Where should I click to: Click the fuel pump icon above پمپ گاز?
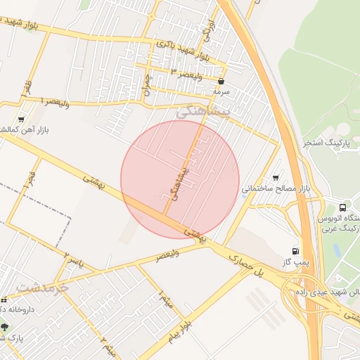(x=294, y=251)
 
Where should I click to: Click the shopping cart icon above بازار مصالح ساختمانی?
(x=275, y=179)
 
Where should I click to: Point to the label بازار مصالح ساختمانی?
(x=276, y=189)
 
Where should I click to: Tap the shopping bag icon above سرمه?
(x=221, y=82)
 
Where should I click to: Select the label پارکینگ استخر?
(x=326, y=143)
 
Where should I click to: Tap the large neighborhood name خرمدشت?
(x=42, y=288)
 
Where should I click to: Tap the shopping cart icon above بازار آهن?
(x=21, y=120)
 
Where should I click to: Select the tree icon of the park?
(x=5, y=327)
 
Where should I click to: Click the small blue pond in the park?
(x=337, y=250)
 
